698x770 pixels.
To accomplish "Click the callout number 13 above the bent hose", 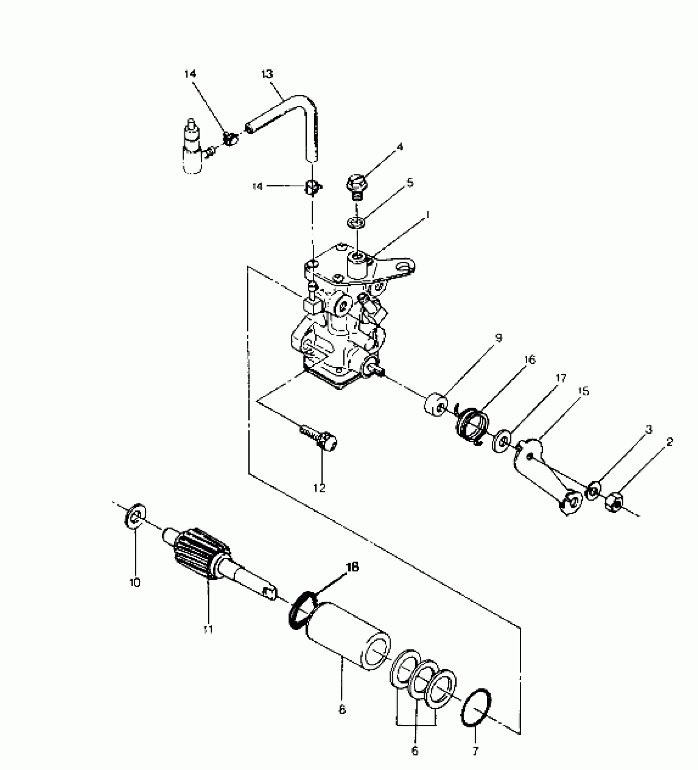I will pos(267,74).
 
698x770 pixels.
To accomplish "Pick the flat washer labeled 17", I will pos(503,441).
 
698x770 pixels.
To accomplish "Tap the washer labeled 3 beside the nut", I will pos(594,490).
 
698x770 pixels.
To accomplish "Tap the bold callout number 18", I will pos(353,567).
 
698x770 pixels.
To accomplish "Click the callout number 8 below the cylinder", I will pos(342,709).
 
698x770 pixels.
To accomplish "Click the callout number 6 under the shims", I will pos(414,751).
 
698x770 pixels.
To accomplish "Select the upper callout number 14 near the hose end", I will pos(190,74).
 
